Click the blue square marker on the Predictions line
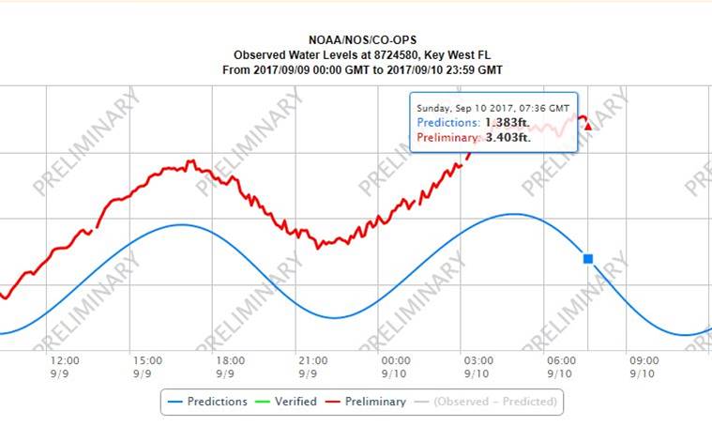[x=588, y=258]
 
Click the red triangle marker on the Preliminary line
[x=588, y=126]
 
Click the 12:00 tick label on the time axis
[x=65, y=360]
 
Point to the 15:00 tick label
[x=148, y=360]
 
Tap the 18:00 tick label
[x=231, y=360]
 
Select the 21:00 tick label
[x=313, y=360]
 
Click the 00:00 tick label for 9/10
[x=396, y=360]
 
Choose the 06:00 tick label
[x=561, y=360]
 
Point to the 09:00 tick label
[x=644, y=360]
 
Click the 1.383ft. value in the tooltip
[x=507, y=123]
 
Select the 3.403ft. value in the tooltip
[x=508, y=138]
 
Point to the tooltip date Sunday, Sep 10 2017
[x=461, y=108]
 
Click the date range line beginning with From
[x=363, y=69]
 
